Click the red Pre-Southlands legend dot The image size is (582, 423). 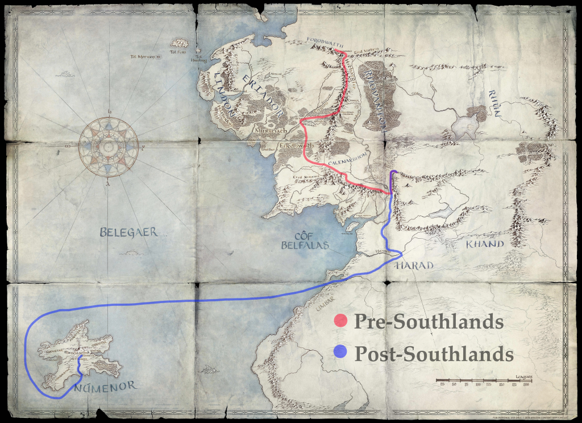[341, 321]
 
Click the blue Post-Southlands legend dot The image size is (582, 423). [341, 353]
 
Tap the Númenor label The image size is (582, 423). [105, 387]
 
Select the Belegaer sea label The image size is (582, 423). [128, 232]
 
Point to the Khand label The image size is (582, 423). [485, 244]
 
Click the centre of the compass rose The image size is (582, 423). [108, 146]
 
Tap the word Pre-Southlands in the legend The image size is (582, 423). [429, 321]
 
